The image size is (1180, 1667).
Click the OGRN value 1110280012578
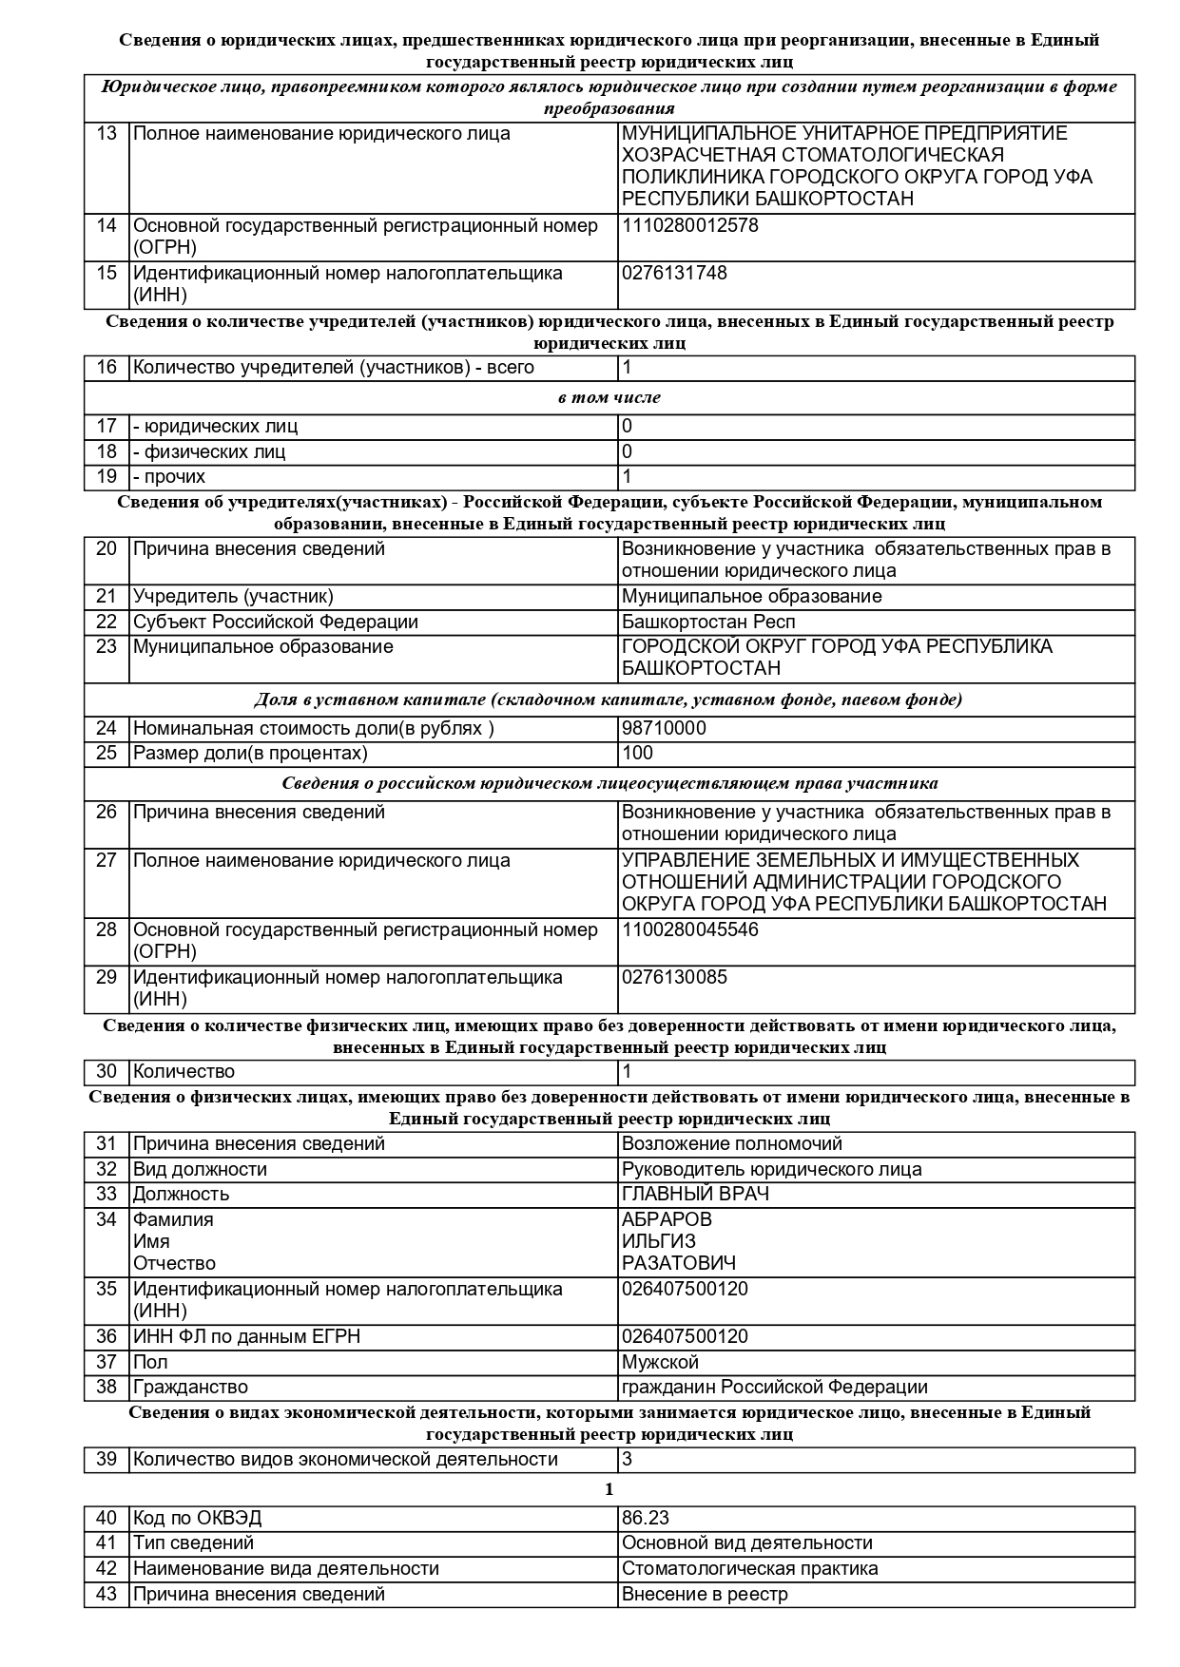[x=689, y=226]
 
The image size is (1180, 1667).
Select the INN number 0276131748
[x=674, y=274]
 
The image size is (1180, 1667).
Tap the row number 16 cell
[x=106, y=368]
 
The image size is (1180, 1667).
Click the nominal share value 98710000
[x=663, y=729]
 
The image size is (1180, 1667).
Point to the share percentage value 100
[x=637, y=754]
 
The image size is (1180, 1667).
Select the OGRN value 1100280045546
[x=689, y=930]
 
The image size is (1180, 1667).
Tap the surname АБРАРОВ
[x=667, y=1220]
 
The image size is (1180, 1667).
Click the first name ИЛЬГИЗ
[x=658, y=1242]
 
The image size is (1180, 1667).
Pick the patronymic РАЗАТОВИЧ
[x=678, y=1264]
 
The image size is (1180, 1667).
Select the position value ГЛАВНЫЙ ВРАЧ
[x=695, y=1195]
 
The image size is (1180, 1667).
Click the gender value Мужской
[x=660, y=1363]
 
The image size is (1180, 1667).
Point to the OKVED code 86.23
[x=645, y=1519]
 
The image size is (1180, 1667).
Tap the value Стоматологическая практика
[x=749, y=1569]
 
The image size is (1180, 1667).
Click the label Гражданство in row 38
[x=190, y=1388]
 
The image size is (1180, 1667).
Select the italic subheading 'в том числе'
[x=609, y=397]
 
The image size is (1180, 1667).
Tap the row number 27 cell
[x=106, y=861]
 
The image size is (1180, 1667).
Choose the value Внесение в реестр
[x=705, y=1595]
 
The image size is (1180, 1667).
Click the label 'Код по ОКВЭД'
[x=197, y=1519]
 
